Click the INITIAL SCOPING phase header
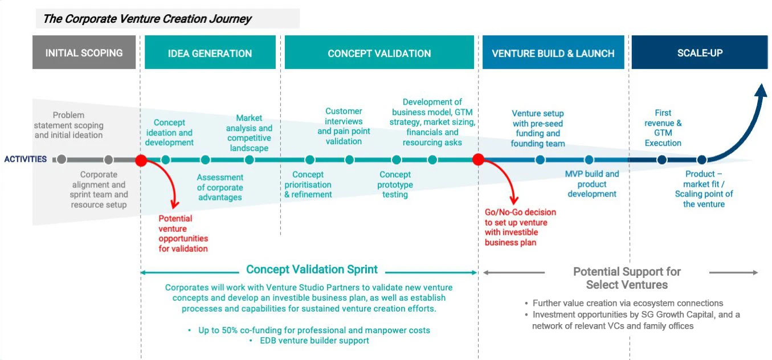point(84,52)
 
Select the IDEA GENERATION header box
point(210,52)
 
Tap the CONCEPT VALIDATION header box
point(379,52)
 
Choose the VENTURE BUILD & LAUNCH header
point(553,52)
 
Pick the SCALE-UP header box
point(700,52)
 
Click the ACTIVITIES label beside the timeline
point(26,159)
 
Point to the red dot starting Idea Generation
point(141,160)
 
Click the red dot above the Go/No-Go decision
point(478,159)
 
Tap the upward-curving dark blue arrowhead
point(761,90)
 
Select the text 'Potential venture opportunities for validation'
point(183,234)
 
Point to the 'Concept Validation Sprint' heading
point(312,269)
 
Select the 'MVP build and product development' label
point(592,184)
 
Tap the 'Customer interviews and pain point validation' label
point(344,126)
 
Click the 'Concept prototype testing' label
point(395,185)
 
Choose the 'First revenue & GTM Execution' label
point(663,128)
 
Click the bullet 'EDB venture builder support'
point(314,341)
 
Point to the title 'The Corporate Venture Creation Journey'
point(148,19)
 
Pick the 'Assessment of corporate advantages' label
point(220,187)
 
